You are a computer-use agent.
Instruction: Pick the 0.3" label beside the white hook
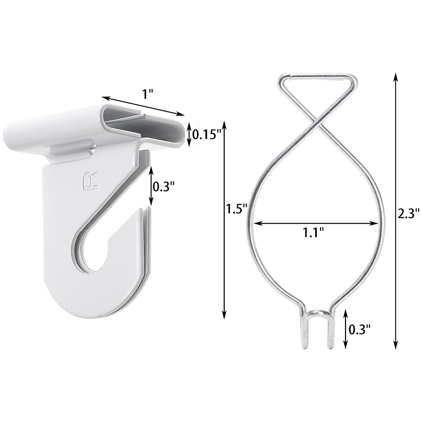(164, 186)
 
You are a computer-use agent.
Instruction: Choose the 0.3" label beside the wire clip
(360, 330)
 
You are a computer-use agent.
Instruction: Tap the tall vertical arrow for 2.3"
(396, 210)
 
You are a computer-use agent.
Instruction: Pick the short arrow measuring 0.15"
(189, 134)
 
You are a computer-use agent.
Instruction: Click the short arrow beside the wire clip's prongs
(346, 328)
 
